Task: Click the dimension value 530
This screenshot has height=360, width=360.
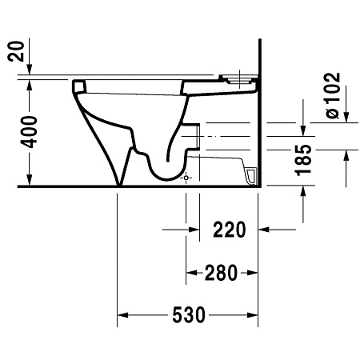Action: (x=190, y=314)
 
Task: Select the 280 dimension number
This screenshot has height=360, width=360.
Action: (x=221, y=273)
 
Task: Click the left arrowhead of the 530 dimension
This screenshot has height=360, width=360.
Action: (x=123, y=314)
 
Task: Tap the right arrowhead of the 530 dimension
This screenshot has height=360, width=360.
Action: (x=254, y=314)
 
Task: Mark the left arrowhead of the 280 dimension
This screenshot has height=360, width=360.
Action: (x=191, y=273)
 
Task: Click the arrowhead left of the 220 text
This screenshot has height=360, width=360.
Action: (x=192, y=230)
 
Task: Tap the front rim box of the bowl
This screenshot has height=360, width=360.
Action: (x=78, y=83)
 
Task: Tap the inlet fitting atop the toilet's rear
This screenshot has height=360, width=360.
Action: (x=241, y=78)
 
